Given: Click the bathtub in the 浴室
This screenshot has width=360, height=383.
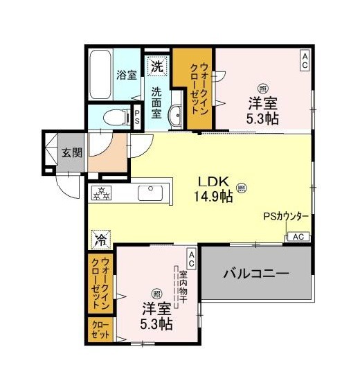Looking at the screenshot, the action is (100, 75).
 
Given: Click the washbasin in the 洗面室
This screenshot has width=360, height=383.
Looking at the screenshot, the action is (175, 115).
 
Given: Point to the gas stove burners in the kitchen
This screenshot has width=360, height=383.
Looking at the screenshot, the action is (101, 193).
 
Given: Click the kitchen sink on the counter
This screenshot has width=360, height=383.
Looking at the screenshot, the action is (150, 193).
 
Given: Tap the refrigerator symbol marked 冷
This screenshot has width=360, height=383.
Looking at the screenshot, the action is (101, 239).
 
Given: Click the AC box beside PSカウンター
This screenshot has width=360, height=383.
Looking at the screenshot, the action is (298, 237).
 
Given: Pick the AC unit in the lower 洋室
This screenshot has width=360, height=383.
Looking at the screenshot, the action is (192, 259).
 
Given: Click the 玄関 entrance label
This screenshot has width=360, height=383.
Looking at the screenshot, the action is (71, 153).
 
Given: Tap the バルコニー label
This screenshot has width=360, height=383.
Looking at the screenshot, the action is (256, 274).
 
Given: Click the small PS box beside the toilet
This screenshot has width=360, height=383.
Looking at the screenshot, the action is (137, 117).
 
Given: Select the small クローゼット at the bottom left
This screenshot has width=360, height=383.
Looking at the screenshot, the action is (100, 330).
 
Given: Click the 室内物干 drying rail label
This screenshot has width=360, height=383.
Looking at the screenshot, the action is (183, 287).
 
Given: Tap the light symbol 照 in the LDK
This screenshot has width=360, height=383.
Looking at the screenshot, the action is (242, 188).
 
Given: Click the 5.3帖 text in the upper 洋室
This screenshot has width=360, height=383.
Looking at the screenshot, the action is (262, 119).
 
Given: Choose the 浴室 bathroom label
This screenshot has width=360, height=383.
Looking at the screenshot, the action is (126, 75).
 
